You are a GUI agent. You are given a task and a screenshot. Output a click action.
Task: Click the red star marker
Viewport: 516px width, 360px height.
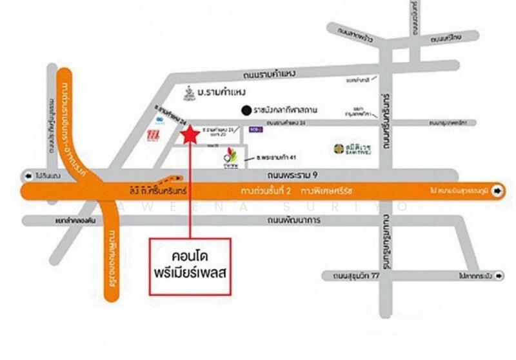(190, 135)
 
